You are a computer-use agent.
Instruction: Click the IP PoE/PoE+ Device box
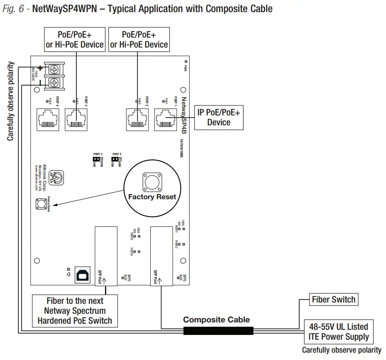[218, 117]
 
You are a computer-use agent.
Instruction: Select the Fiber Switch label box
[333, 299]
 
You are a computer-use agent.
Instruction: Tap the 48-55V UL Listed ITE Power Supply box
[339, 332]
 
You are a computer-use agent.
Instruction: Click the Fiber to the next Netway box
[75, 311]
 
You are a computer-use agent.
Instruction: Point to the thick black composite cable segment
[218, 331]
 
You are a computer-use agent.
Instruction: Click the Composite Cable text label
[216, 320]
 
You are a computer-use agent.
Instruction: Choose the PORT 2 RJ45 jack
[137, 117]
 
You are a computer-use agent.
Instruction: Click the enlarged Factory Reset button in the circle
[152, 182]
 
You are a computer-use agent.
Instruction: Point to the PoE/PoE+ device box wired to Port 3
[75, 39]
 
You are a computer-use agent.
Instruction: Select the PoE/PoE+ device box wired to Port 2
[139, 39]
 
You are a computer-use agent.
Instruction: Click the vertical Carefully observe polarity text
[11, 101]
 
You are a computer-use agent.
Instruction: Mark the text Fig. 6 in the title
[13, 9]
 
